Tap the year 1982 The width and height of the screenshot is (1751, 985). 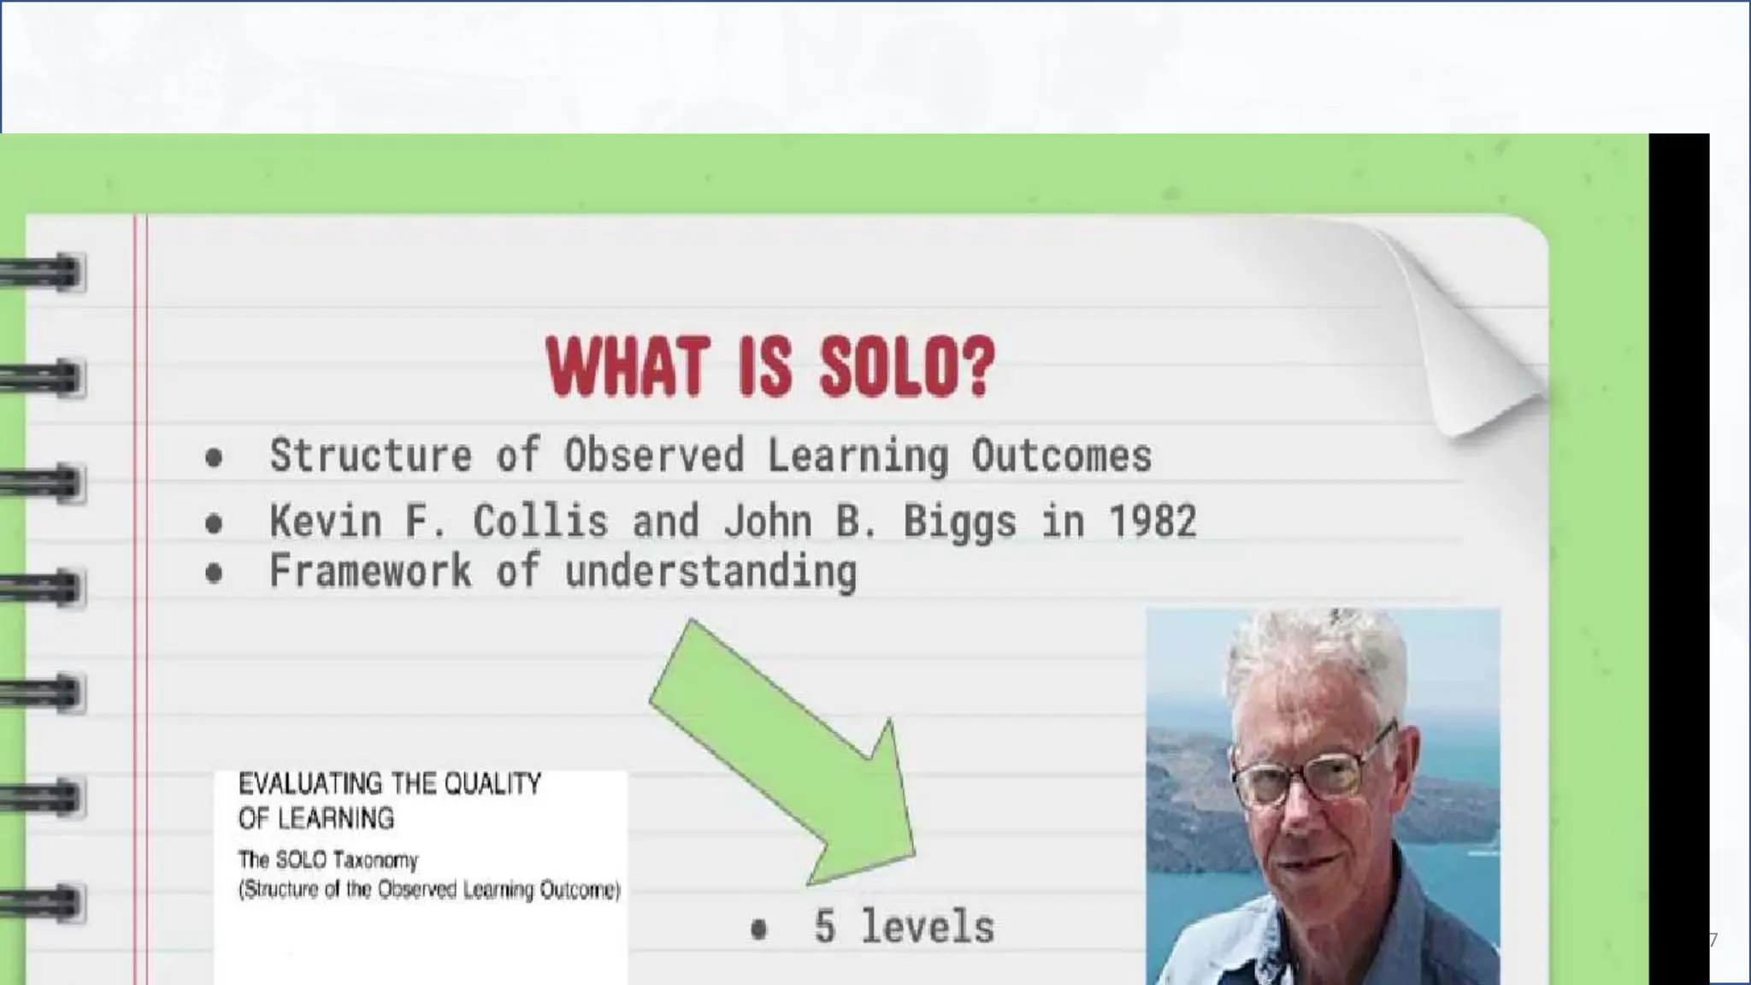pos(1153,521)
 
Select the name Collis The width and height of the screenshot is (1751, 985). pos(540,521)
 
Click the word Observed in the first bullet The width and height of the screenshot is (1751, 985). pos(654,455)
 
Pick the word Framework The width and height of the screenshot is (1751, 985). pos(370,571)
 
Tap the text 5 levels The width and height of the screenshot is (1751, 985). pos(904,927)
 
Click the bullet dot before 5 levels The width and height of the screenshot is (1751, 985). pos(758,929)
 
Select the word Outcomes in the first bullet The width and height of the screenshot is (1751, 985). pos(1061,455)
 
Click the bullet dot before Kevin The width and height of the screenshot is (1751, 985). pos(214,523)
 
